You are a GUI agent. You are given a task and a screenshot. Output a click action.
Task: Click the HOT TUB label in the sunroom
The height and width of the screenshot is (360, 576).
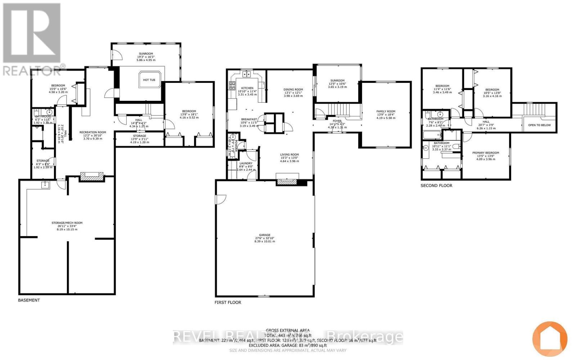point(149,80)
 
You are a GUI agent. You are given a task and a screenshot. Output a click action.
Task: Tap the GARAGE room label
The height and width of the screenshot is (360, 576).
point(265,235)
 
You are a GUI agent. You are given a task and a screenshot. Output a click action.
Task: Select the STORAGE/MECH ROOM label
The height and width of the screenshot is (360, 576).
point(67,223)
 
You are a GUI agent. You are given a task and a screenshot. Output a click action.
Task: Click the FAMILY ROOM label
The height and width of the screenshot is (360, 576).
point(386,112)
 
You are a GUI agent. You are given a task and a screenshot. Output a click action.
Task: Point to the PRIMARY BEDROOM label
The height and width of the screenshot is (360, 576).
point(486,153)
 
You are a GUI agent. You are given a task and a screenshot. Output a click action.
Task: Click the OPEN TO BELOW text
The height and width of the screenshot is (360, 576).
point(539,125)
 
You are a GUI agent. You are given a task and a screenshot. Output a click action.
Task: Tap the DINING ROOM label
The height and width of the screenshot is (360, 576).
point(293,90)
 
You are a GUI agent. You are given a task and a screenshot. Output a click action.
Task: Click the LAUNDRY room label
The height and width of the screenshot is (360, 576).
point(247,163)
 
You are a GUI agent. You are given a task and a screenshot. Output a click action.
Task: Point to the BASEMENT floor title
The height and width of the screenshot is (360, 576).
point(29,300)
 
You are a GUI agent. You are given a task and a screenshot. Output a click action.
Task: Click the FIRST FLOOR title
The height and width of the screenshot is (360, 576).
point(228,302)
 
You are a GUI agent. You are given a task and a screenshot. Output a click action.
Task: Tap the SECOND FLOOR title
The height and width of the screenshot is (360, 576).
point(436,186)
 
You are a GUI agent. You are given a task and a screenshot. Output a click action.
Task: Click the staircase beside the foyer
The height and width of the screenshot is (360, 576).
point(340,108)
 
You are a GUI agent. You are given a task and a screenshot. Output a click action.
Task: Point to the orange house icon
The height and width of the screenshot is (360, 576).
point(550,339)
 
